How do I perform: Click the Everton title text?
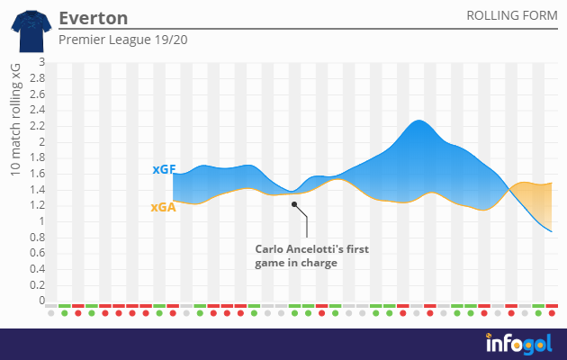pos(93,18)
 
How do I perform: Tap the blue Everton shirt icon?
pos(26,29)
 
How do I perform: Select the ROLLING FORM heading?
pos(509,17)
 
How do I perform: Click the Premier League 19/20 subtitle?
pos(123,40)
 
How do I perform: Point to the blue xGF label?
pos(163,169)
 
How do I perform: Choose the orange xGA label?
pos(163,206)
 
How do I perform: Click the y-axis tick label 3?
pos(39,63)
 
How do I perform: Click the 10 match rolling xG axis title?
pos(16,125)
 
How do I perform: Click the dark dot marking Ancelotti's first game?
pos(293,204)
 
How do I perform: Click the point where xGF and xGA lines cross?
pos(510,186)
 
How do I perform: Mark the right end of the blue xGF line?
pos(552,232)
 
